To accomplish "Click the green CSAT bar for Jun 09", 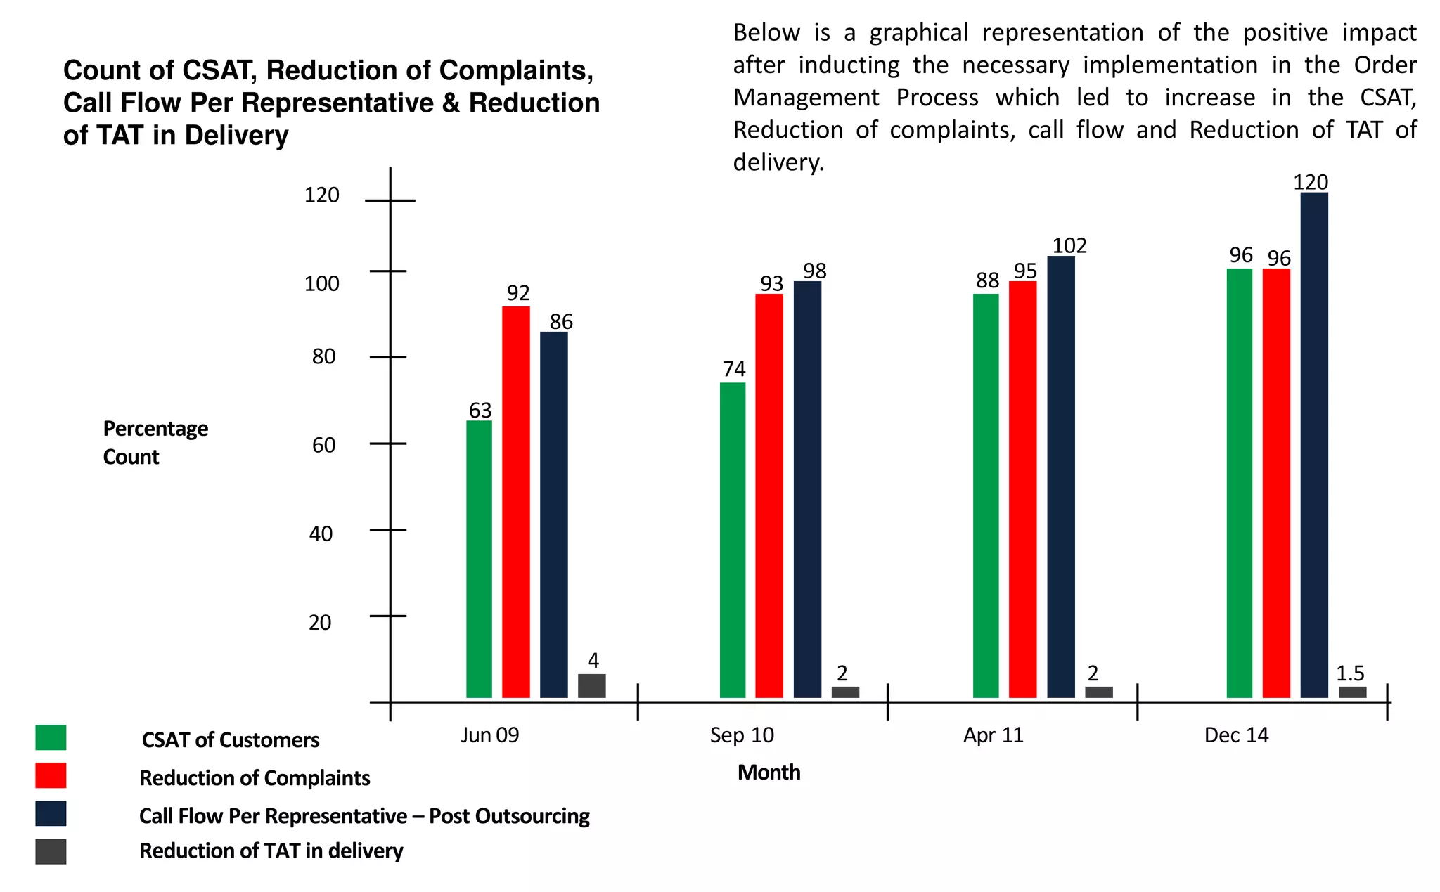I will click(479, 559).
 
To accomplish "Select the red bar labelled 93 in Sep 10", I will click(769, 496).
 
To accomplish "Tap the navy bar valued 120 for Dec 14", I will click(1313, 444).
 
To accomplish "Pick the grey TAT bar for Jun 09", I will click(591, 686).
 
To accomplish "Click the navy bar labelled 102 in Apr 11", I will click(1060, 477).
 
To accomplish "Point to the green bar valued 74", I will click(732, 540).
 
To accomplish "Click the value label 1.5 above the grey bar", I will click(1349, 673).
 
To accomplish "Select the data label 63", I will click(480, 410).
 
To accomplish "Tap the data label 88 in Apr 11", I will click(987, 280).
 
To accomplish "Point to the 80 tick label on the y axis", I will click(323, 357).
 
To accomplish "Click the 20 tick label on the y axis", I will click(320, 623).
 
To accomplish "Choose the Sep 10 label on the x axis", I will click(741, 735).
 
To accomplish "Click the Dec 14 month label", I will click(1235, 735).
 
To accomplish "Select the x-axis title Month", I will click(769, 773).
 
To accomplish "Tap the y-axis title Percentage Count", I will click(155, 442).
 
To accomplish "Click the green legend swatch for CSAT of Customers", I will click(51, 738).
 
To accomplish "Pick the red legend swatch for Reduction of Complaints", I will click(51, 776).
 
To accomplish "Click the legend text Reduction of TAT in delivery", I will click(271, 851).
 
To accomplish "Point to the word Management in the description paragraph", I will click(806, 98).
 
